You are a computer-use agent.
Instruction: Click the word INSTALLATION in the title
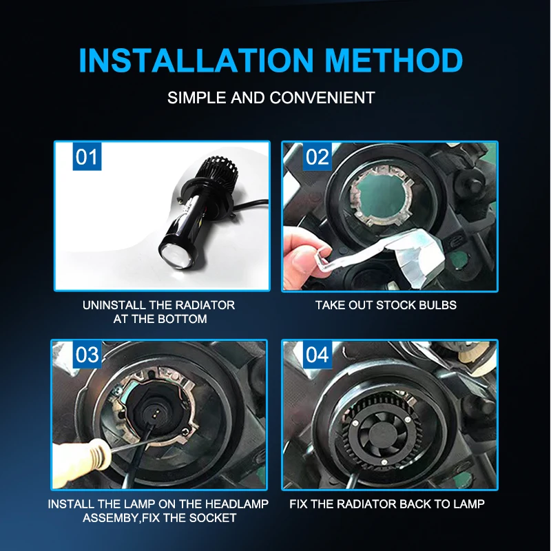196,60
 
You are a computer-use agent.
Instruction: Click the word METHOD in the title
393,60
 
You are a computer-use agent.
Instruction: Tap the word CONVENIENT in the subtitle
322,98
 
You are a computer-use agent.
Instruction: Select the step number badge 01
87,157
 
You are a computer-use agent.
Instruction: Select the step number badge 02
318,157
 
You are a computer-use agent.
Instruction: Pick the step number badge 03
87,355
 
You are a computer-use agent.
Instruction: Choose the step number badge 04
318,355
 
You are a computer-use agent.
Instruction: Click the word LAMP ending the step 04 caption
469,504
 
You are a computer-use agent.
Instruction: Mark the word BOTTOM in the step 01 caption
183,319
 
